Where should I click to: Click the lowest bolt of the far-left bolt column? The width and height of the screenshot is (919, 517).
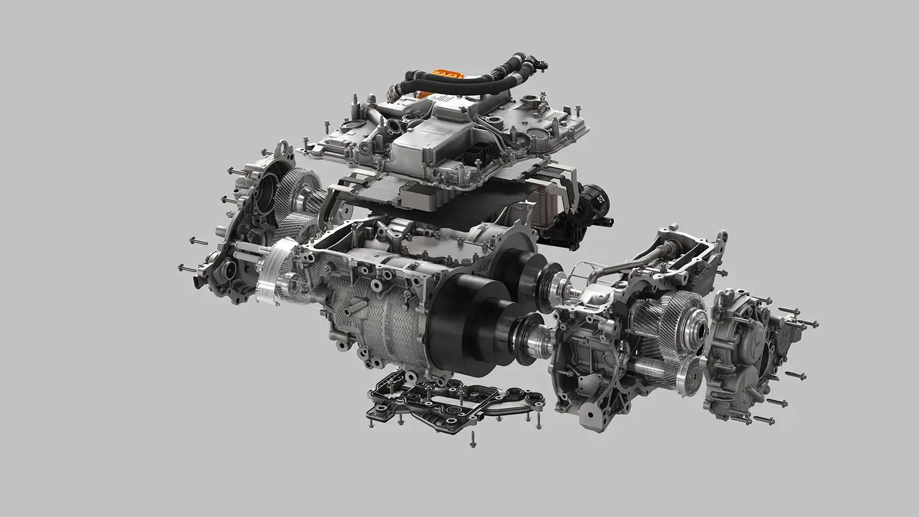tap(186, 268)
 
